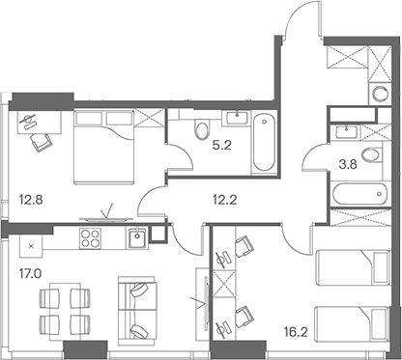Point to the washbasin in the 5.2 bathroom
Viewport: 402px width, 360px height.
coord(234,120)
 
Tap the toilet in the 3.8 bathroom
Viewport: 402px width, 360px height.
coord(370,157)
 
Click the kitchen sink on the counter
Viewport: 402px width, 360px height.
coord(137,234)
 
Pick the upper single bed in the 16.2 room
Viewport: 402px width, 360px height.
coord(352,262)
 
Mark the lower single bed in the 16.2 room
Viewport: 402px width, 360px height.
coord(352,319)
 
